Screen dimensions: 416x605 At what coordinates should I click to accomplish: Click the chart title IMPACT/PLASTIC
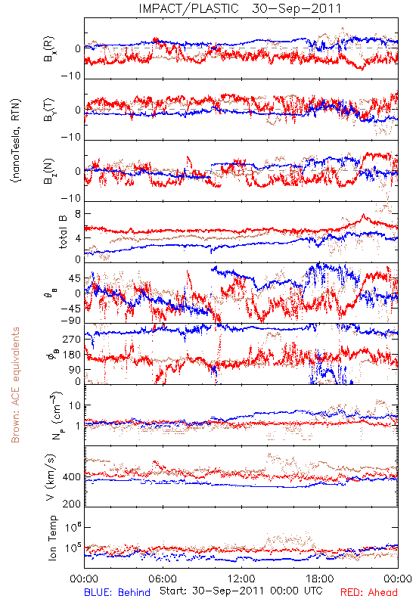(x=188, y=8)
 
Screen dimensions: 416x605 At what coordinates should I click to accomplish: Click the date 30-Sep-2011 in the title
(x=296, y=8)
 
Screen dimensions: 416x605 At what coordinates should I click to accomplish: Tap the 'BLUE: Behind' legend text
(x=117, y=592)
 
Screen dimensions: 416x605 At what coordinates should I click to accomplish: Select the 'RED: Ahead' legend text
(x=368, y=592)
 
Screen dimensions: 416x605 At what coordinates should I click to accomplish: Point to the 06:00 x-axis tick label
(x=163, y=579)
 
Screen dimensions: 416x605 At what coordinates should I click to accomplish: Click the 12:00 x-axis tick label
(x=241, y=579)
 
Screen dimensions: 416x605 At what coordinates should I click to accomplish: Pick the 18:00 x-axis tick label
(x=320, y=579)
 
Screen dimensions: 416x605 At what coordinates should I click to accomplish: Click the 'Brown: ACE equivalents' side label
(x=15, y=385)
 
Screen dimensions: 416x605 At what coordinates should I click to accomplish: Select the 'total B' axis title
(x=63, y=232)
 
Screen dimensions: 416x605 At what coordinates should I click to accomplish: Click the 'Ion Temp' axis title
(x=52, y=538)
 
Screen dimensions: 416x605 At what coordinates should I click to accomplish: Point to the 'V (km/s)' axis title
(x=51, y=477)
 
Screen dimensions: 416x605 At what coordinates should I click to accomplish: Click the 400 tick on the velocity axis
(x=72, y=477)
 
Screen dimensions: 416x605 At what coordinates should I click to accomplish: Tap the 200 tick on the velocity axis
(x=72, y=504)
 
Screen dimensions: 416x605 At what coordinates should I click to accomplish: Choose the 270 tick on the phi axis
(x=72, y=339)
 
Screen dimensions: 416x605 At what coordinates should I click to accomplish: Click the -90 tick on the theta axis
(x=70, y=320)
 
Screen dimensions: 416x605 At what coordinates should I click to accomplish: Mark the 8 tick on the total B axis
(x=78, y=214)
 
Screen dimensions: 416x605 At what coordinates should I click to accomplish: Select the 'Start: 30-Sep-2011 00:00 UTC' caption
(x=241, y=591)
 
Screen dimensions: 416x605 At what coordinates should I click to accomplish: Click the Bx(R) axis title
(x=49, y=49)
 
